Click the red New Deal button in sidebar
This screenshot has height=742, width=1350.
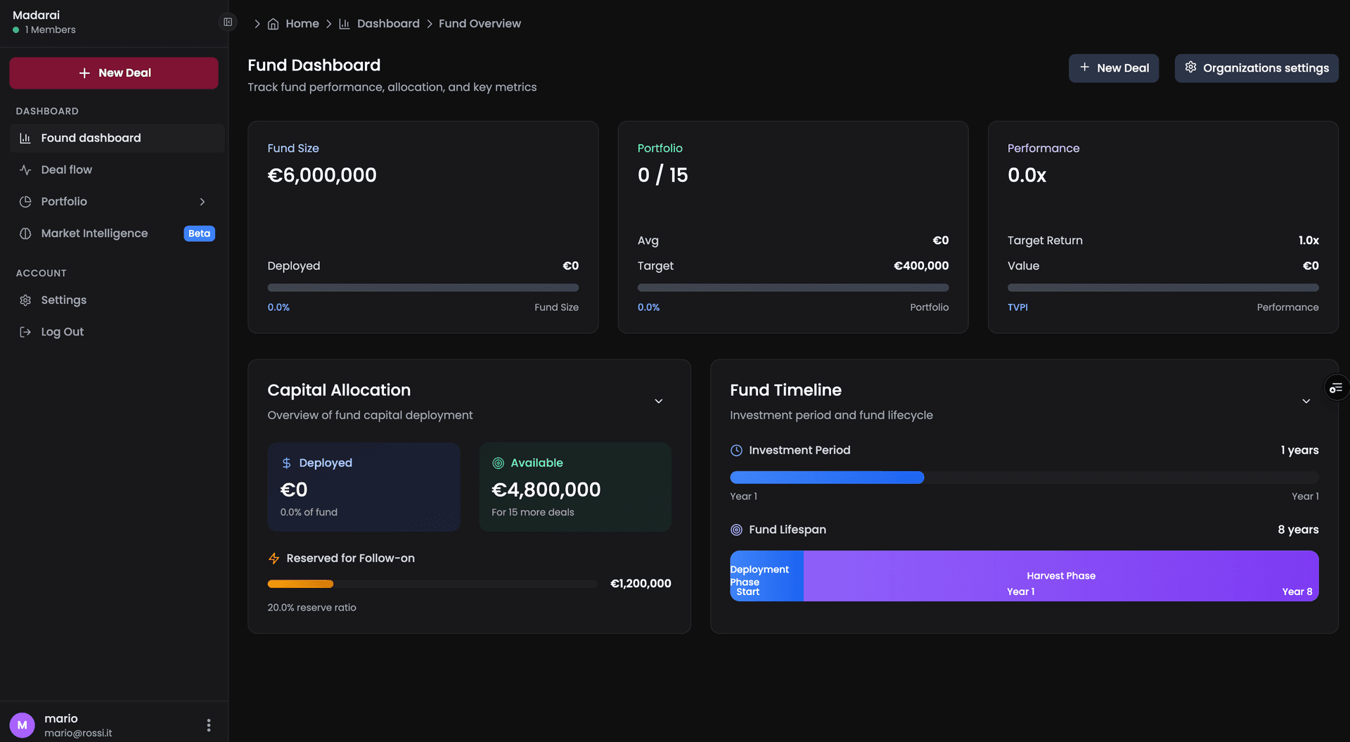tap(114, 73)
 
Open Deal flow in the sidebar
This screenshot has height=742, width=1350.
tap(66, 169)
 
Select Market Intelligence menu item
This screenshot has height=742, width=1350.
tap(94, 234)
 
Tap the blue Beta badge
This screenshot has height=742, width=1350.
tap(199, 234)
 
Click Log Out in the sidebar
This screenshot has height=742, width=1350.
tap(62, 332)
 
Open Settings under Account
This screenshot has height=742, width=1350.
tap(63, 300)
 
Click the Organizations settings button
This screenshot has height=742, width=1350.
tap(1256, 68)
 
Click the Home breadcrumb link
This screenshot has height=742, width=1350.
tap(302, 24)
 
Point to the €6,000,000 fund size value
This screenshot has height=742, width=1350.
tap(322, 175)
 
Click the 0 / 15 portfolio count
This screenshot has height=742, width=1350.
tap(662, 175)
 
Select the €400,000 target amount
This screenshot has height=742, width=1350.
tap(920, 266)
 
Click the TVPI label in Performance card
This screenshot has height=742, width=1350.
tap(1017, 307)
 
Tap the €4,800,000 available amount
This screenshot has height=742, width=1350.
tap(546, 490)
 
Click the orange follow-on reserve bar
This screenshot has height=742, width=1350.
tap(300, 584)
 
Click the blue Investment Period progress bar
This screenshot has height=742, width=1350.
tap(827, 478)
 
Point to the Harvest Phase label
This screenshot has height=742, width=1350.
tap(1060, 576)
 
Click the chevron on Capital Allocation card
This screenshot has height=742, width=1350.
tap(659, 401)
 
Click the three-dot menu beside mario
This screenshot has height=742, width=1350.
tap(209, 725)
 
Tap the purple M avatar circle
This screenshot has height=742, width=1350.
tap(22, 725)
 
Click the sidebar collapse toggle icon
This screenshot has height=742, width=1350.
tap(228, 23)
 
